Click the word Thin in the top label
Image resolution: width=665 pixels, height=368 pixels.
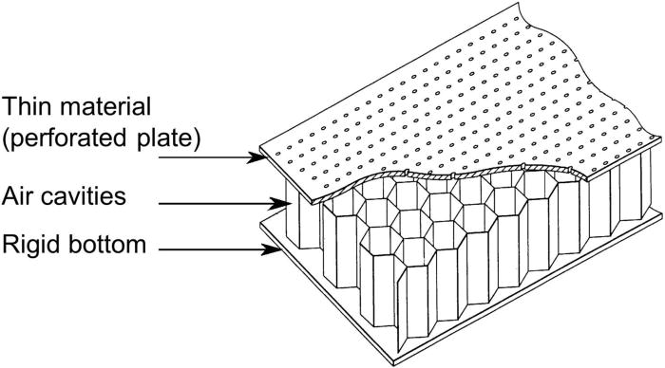tap(28, 104)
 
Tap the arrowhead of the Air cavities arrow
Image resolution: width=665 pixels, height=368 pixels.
tap(282, 202)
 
